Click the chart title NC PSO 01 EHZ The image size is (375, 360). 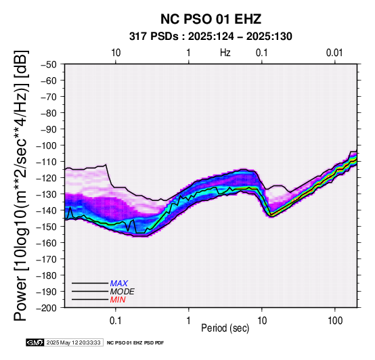tap(211, 19)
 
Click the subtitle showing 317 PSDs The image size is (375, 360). tap(211, 37)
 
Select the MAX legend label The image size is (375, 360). tap(118, 284)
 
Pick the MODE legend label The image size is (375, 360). tap(123, 292)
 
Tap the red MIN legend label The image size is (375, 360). tap(118, 300)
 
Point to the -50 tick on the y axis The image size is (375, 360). tap(49, 64)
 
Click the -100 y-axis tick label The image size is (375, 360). tap(47, 145)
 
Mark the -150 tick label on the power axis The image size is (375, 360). tap(47, 227)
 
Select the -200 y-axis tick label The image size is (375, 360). tap(47, 308)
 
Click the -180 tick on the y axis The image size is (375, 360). tap(47, 275)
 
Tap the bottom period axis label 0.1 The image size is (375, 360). tap(116, 321)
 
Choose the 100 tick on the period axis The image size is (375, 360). tap(335, 321)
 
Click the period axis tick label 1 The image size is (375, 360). tap(189, 321)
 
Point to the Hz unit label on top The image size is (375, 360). tap(225, 53)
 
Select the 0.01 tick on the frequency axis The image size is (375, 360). tap(334, 53)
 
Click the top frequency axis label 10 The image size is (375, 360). tap(116, 53)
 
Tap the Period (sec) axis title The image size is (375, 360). tap(225, 328)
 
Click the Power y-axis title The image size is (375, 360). tap(21, 185)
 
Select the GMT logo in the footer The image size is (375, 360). tap(35, 343)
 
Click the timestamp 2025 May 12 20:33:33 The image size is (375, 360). tap(73, 343)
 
